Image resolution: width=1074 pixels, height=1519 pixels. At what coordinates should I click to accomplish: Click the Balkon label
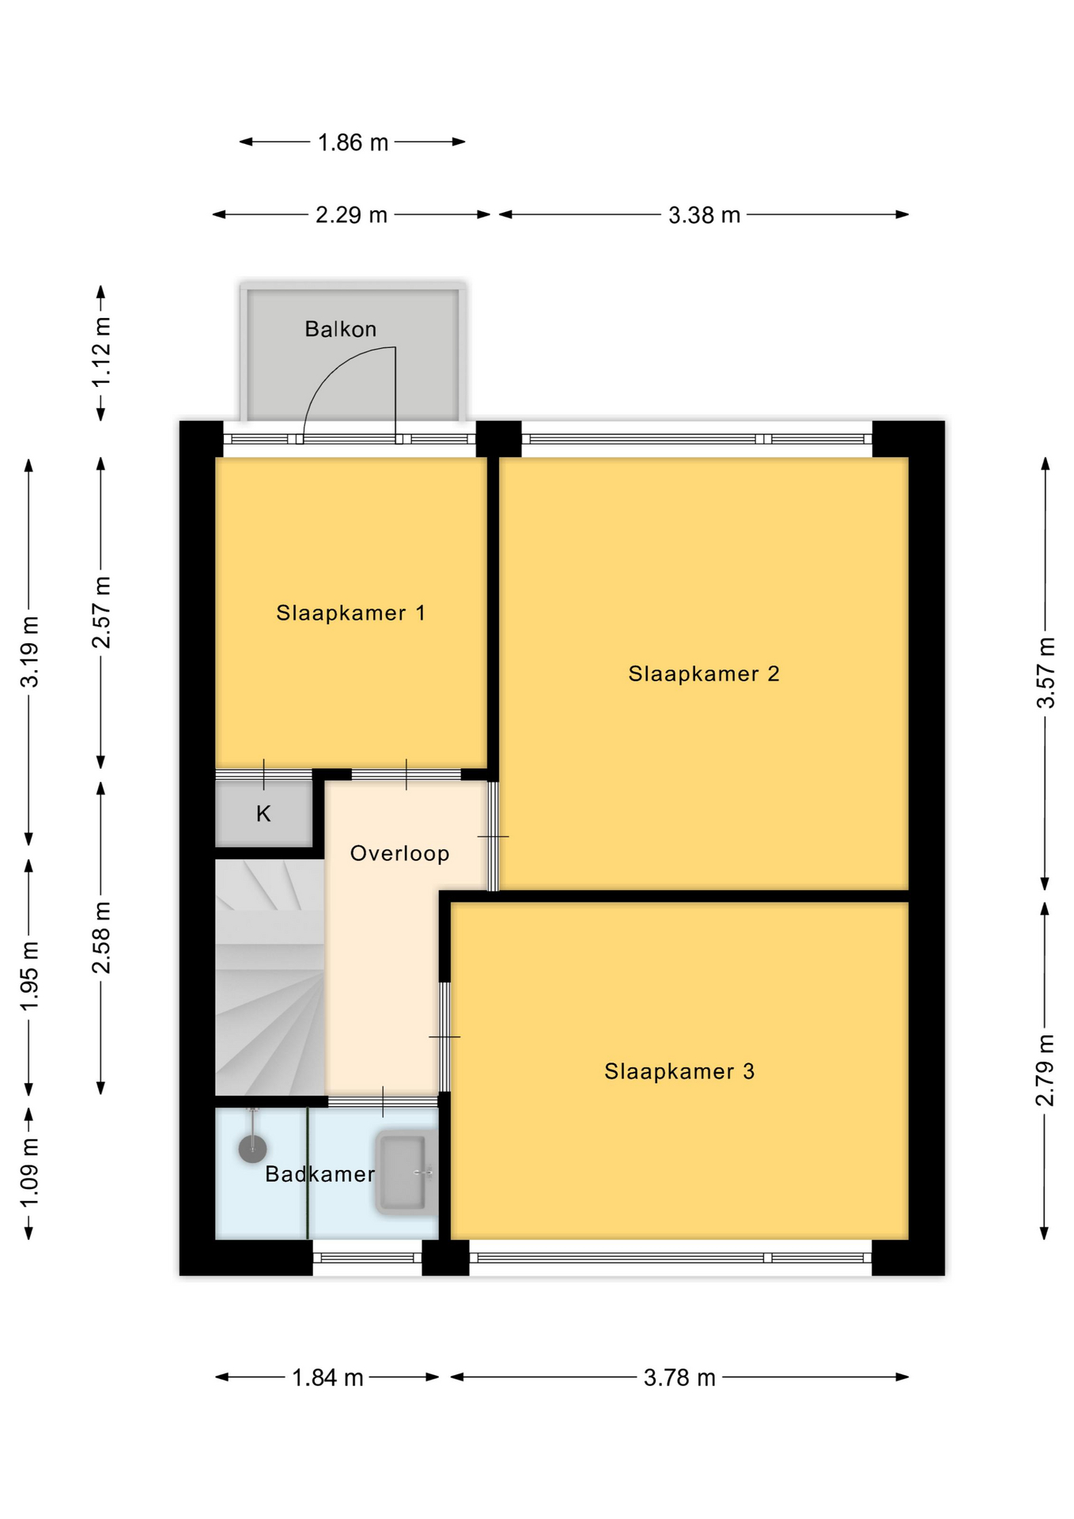pyautogui.click(x=340, y=329)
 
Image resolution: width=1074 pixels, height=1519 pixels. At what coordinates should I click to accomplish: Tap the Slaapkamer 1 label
pyautogui.click(x=350, y=612)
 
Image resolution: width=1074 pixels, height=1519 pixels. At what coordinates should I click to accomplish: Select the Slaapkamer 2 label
pyautogui.click(x=704, y=673)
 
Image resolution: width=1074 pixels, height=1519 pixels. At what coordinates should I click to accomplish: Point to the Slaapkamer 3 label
pyautogui.click(x=679, y=1071)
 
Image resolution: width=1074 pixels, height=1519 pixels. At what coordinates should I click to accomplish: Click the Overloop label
pyautogui.click(x=399, y=853)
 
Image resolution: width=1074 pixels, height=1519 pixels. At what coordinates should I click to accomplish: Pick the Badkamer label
pyautogui.click(x=320, y=1174)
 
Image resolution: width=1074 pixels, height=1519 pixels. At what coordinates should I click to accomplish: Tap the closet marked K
pyautogui.click(x=263, y=813)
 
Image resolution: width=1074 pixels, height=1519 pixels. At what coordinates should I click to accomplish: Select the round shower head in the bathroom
pyautogui.click(x=252, y=1148)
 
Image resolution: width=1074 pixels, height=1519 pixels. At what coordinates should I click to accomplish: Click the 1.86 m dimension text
pyautogui.click(x=353, y=142)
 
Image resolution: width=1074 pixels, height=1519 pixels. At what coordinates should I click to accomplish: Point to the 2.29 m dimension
pyautogui.click(x=351, y=214)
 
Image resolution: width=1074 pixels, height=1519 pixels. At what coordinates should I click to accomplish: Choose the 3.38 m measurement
pyautogui.click(x=704, y=214)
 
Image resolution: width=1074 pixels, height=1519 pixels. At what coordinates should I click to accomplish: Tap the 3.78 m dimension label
pyautogui.click(x=679, y=1377)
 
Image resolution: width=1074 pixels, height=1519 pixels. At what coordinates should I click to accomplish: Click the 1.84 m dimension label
pyautogui.click(x=327, y=1377)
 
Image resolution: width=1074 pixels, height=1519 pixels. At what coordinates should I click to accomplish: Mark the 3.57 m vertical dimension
pyautogui.click(x=1045, y=672)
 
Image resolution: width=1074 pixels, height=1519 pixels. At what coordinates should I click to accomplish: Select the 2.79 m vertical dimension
pyautogui.click(x=1045, y=1070)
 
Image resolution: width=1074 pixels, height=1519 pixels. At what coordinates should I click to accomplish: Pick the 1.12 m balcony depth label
pyautogui.click(x=101, y=352)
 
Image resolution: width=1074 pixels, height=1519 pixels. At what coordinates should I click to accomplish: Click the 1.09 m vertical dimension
pyautogui.click(x=29, y=1172)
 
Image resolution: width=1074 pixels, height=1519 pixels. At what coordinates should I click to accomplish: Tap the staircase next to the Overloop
pyautogui.click(x=270, y=978)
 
